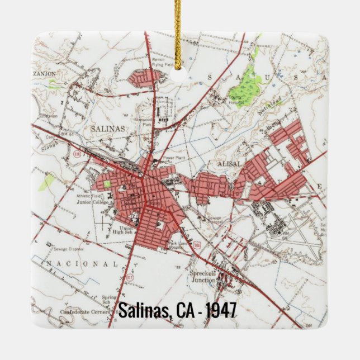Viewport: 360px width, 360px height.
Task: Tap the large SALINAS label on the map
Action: pyautogui.click(x=107, y=129)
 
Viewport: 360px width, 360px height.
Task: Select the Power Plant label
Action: pyautogui.click(x=174, y=158)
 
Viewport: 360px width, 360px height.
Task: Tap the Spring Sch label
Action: pyautogui.click(x=110, y=300)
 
